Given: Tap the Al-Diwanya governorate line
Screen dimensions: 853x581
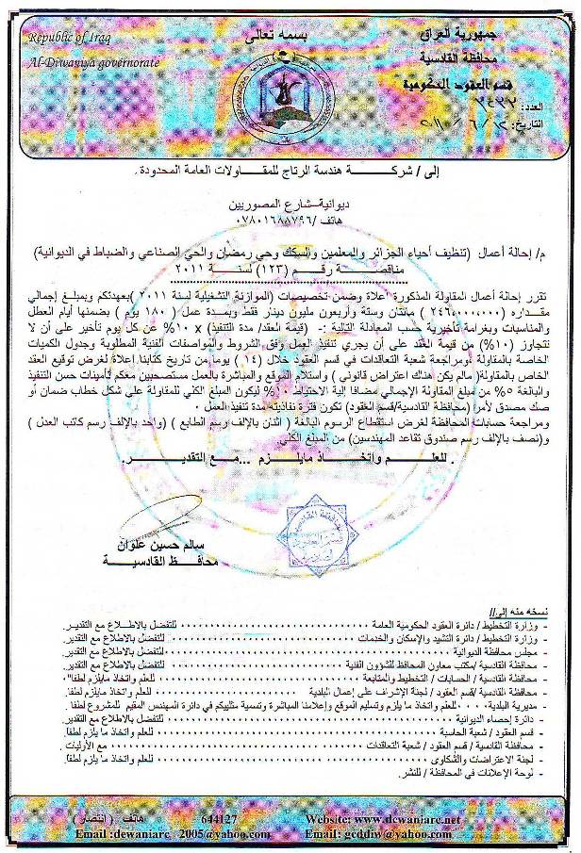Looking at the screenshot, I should pyautogui.click(x=81, y=62).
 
